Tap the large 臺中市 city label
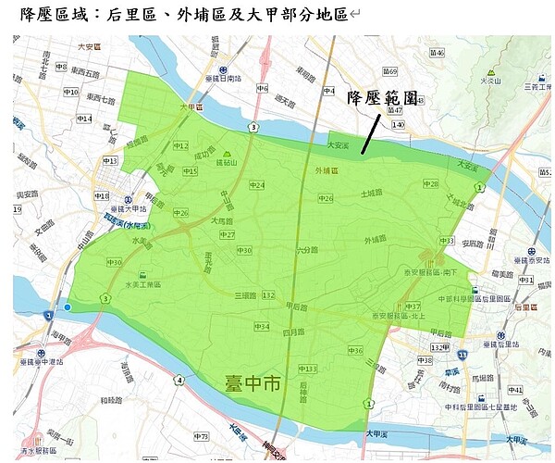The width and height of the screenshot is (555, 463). click(252, 382)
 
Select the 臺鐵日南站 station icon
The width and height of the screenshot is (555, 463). click(222, 69)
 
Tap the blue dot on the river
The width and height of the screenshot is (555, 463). click(68, 307)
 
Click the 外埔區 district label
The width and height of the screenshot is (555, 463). click(327, 170)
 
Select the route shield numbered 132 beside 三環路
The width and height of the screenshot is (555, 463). click(268, 294)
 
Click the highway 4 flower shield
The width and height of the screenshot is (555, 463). click(178, 380)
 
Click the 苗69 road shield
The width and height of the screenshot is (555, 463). click(390, 71)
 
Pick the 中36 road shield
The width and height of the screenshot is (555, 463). click(355, 350)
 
